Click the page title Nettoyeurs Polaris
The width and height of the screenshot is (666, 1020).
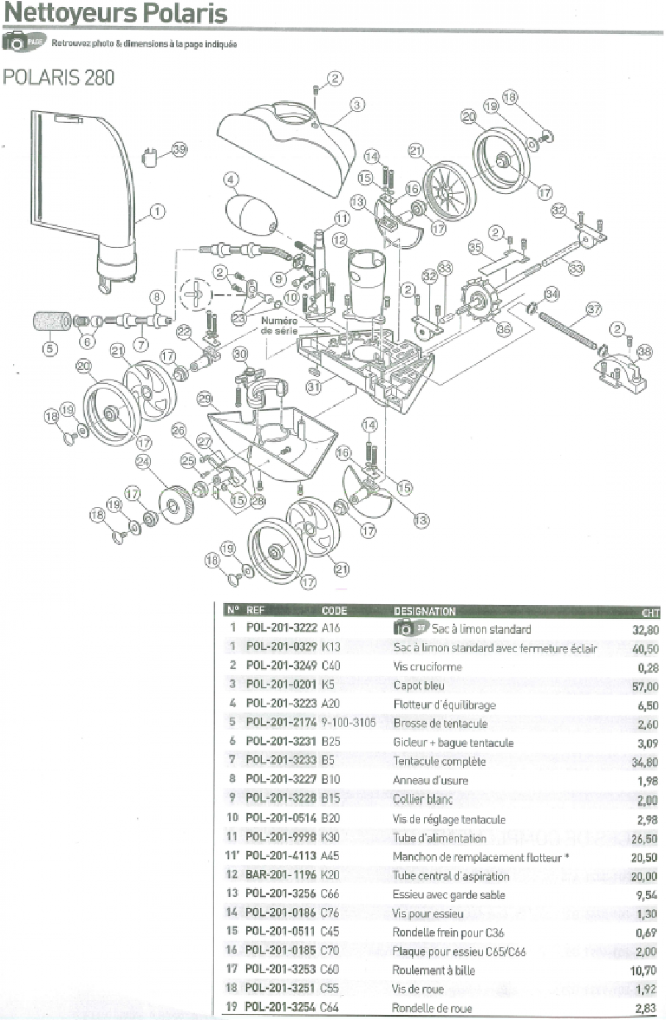115,13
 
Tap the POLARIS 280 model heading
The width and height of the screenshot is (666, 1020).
59,77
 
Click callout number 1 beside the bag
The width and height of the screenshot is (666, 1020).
157,211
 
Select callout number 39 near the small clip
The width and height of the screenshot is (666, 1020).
179,149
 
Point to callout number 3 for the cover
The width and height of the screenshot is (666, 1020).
357,104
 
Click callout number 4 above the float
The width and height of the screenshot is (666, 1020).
231,180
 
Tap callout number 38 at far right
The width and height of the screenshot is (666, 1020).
644,351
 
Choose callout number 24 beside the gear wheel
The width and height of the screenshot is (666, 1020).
142,462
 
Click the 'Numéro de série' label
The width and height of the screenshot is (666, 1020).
279,326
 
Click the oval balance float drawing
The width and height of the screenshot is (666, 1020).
250,213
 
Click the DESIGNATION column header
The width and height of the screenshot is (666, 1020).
424,611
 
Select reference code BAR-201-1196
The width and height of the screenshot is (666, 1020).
281,875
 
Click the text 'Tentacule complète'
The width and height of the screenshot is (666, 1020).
439,761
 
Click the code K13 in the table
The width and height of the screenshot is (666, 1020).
331,646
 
